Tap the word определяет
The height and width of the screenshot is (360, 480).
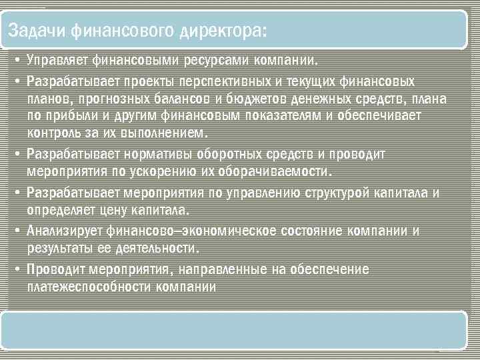[60, 210]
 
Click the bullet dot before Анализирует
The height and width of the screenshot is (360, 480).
[15, 231]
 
